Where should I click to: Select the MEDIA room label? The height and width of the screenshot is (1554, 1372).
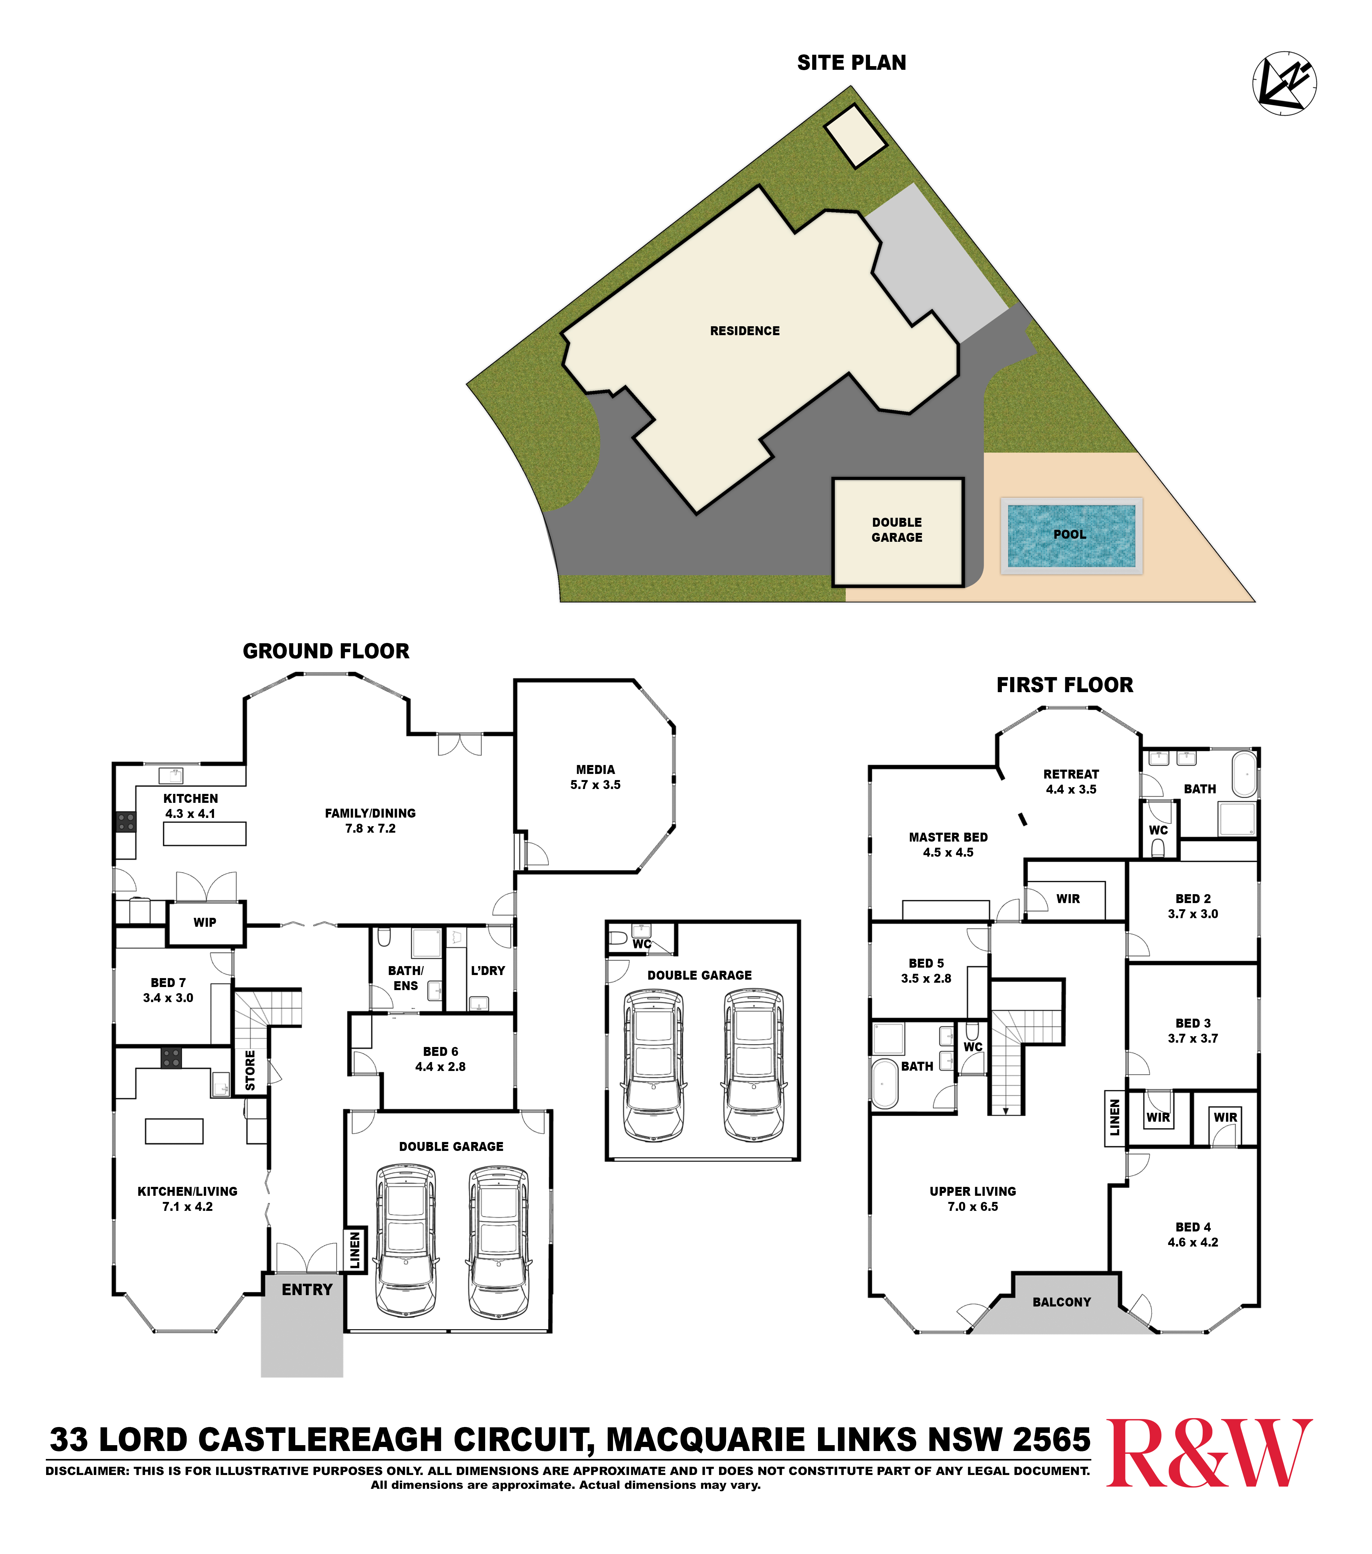pyautogui.click(x=595, y=769)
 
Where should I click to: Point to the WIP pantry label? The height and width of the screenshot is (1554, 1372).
pyautogui.click(x=204, y=922)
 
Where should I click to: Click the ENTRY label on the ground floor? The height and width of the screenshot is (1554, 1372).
pyautogui.click(x=307, y=1290)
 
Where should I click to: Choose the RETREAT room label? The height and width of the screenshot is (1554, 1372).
pyautogui.click(x=1070, y=774)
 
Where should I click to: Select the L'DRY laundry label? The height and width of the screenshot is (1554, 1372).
pyautogui.click(x=487, y=971)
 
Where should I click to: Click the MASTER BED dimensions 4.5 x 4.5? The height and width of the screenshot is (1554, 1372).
pyautogui.click(x=948, y=852)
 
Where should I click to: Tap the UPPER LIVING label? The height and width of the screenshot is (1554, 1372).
pyautogui.click(x=972, y=1191)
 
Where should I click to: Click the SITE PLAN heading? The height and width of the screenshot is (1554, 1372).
pyautogui.click(x=851, y=62)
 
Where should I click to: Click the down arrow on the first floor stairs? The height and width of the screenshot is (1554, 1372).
pyautogui.click(x=1006, y=1111)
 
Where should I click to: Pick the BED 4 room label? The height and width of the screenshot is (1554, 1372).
pyautogui.click(x=1192, y=1227)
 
